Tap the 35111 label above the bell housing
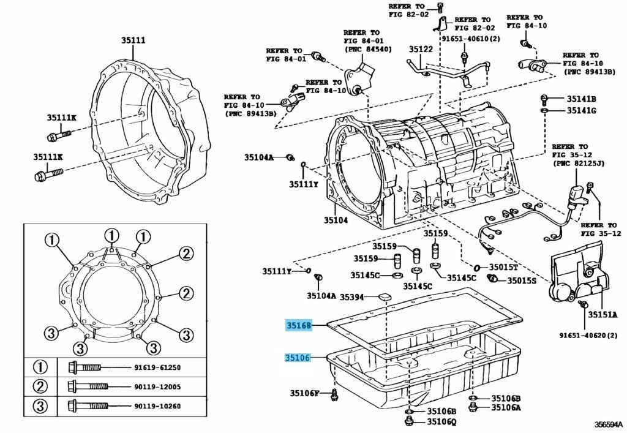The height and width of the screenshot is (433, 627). [132, 40]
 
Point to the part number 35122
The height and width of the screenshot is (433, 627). [421, 50]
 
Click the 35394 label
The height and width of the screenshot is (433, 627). [352, 297]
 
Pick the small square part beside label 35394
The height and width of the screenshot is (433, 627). [386, 296]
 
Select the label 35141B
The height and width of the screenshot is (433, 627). [581, 99]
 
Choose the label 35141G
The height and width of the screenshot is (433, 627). [581, 110]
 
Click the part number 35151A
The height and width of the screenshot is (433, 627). [603, 315]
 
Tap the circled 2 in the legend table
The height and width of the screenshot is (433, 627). [40, 386]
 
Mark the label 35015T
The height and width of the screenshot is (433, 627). [503, 268]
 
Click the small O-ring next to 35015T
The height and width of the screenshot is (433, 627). [476, 268]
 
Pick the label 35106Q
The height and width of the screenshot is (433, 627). [441, 421]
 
